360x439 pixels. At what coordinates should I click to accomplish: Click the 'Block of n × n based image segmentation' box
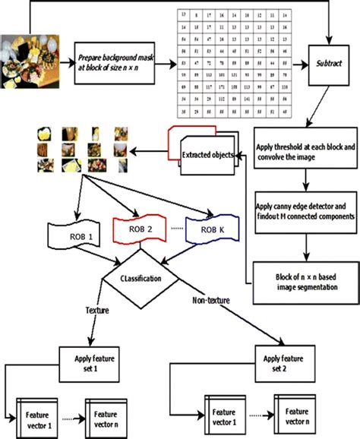pyautogui.click(x=304, y=275)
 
